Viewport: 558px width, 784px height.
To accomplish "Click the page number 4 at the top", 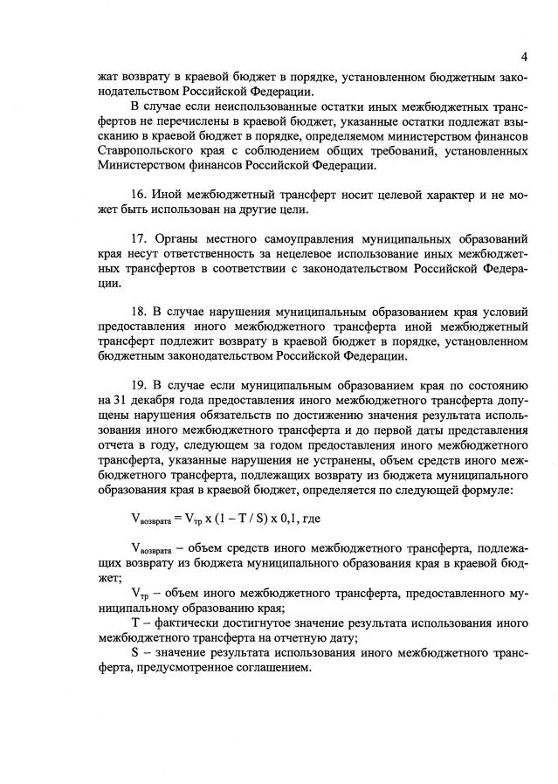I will coord(523,57).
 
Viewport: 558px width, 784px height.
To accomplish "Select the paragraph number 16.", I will coord(137,193).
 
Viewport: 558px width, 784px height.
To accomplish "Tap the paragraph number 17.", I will coord(137,238).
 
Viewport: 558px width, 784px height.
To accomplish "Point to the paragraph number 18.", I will coord(137,312).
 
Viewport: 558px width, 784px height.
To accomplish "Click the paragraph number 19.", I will coord(137,385).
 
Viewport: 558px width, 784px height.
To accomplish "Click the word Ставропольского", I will coord(141,152).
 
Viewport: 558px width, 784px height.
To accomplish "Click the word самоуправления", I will coord(293,238).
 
